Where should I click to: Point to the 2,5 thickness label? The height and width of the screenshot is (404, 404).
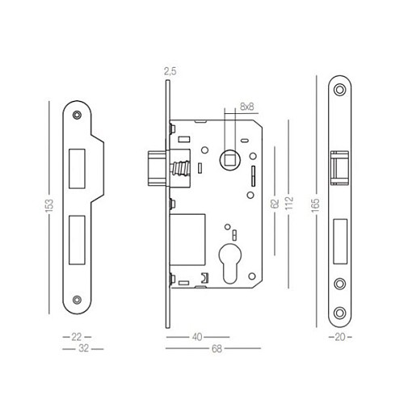(170, 72)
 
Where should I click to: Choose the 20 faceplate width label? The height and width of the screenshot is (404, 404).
(341, 335)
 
